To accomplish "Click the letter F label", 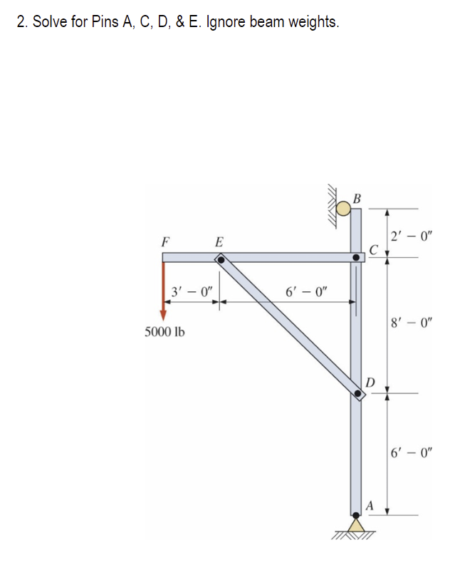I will click(x=165, y=241).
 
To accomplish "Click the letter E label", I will click(x=219, y=241).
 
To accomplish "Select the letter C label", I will click(x=374, y=249).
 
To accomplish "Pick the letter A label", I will click(x=370, y=504).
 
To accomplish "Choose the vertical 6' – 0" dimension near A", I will click(x=412, y=452).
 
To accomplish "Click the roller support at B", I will click(x=345, y=208).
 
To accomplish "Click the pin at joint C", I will click(x=356, y=256).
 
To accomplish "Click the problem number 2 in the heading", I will click(x=19, y=21).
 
